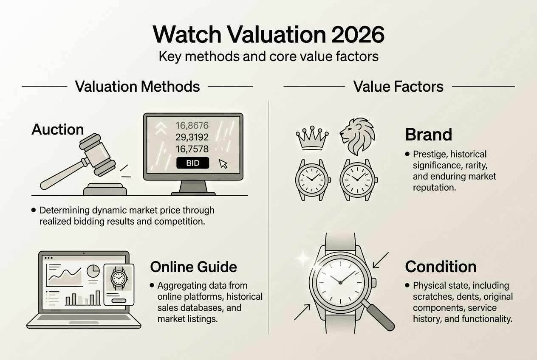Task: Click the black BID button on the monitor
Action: (192, 163)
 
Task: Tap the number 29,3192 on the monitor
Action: (192, 137)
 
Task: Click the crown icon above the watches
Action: (311, 138)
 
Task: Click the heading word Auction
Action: (58, 129)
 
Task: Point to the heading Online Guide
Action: (194, 267)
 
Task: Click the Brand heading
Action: (428, 135)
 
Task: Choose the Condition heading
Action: (441, 267)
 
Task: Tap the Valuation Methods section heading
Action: (137, 86)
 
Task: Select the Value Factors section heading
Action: (398, 86)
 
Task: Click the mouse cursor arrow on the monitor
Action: (223, 163)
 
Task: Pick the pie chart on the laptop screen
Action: (93, 270)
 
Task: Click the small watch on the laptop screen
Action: (119, 278)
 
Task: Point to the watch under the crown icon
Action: (311, 179)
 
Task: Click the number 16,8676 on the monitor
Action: (192, 125)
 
